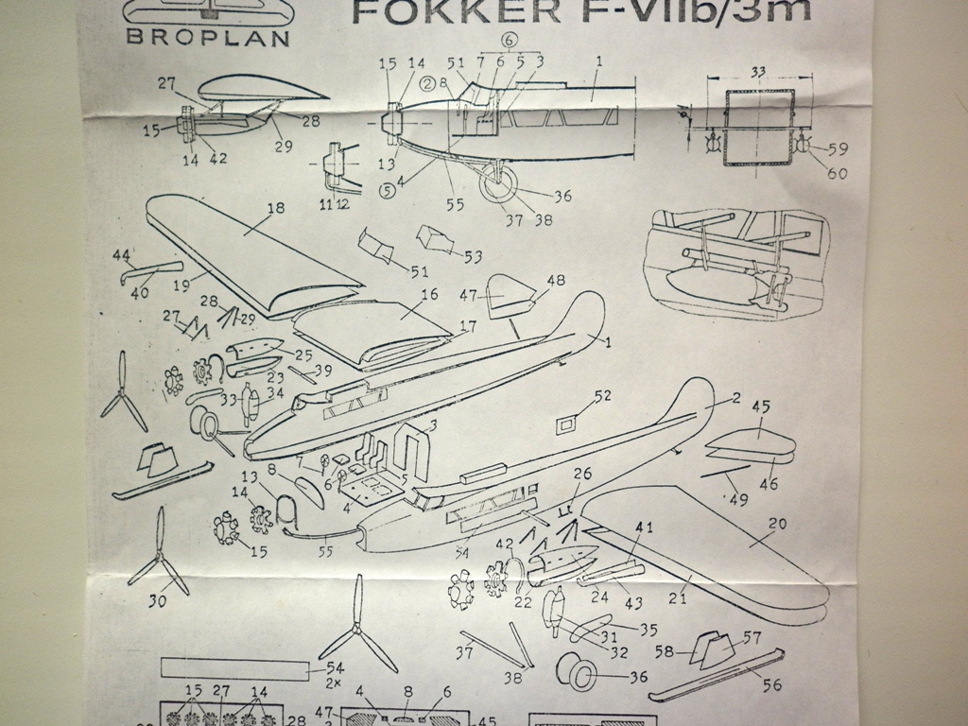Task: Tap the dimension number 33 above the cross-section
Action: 758,70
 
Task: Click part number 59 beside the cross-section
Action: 837,149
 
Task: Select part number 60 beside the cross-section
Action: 837,172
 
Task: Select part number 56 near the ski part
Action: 771,685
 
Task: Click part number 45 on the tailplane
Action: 760,407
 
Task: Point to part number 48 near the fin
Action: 555,280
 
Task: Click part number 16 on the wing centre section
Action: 429,295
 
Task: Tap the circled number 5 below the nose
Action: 387,188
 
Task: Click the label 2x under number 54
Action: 334,683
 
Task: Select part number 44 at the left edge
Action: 121,256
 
